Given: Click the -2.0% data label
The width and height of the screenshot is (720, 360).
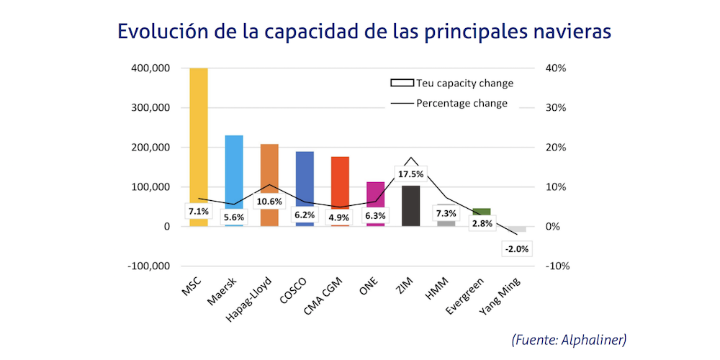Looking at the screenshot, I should [516, 249].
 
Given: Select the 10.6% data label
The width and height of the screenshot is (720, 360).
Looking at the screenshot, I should [269, 202].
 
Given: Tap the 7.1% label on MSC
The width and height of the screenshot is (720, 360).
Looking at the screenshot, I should [199, 212].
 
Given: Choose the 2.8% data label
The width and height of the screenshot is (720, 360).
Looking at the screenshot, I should [481, 225].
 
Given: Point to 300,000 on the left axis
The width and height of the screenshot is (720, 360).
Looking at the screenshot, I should [149, 108].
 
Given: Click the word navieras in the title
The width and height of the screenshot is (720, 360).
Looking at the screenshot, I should [565, 32].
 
